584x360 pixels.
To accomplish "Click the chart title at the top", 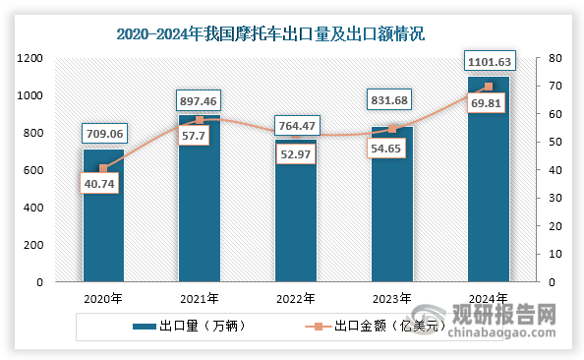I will click(270, 33).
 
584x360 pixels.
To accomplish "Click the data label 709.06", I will click(103, 133).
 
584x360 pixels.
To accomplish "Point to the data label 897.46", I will click(200, 98).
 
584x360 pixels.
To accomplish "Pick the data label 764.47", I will click(296, 124).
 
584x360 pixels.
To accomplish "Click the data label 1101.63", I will click(489, 61).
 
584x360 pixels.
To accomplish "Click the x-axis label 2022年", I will click(296, 299).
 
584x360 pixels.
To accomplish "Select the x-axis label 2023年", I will click(392, 299).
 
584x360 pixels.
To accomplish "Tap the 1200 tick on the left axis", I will click(29, 59).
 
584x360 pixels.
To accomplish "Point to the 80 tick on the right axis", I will click(555, 59).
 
